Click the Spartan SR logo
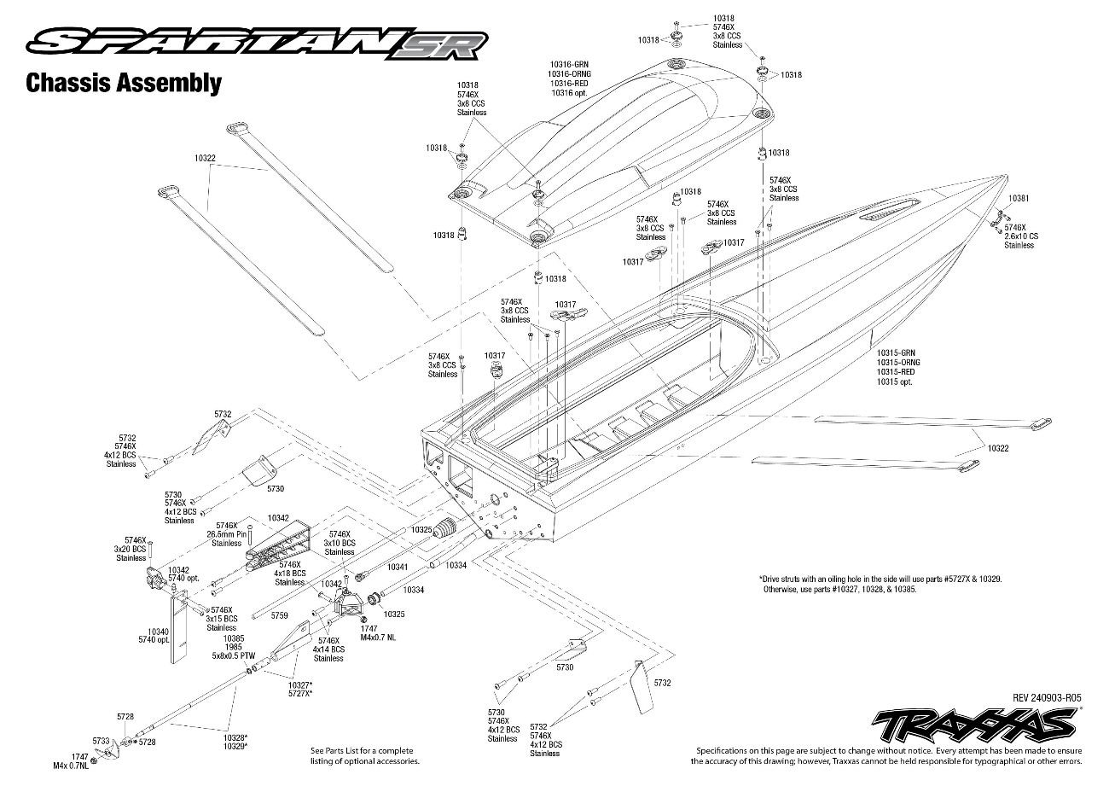pos(257,44)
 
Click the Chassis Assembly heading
pos(124,83)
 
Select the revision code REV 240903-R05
pos(1047,698)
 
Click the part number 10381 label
pos(1019,198)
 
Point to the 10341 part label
pos(397,567)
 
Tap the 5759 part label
pos(279,615)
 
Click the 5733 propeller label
pos(101,741)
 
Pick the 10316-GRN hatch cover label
pos(569,64)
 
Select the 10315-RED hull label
pos(896,372)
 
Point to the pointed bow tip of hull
pos(1006,175)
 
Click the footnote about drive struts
pos(880,584)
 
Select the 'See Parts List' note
pos(365,756)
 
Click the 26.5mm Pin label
pos(226,534)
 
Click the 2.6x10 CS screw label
pos(1021,236)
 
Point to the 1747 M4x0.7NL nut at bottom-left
pos(95,761)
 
